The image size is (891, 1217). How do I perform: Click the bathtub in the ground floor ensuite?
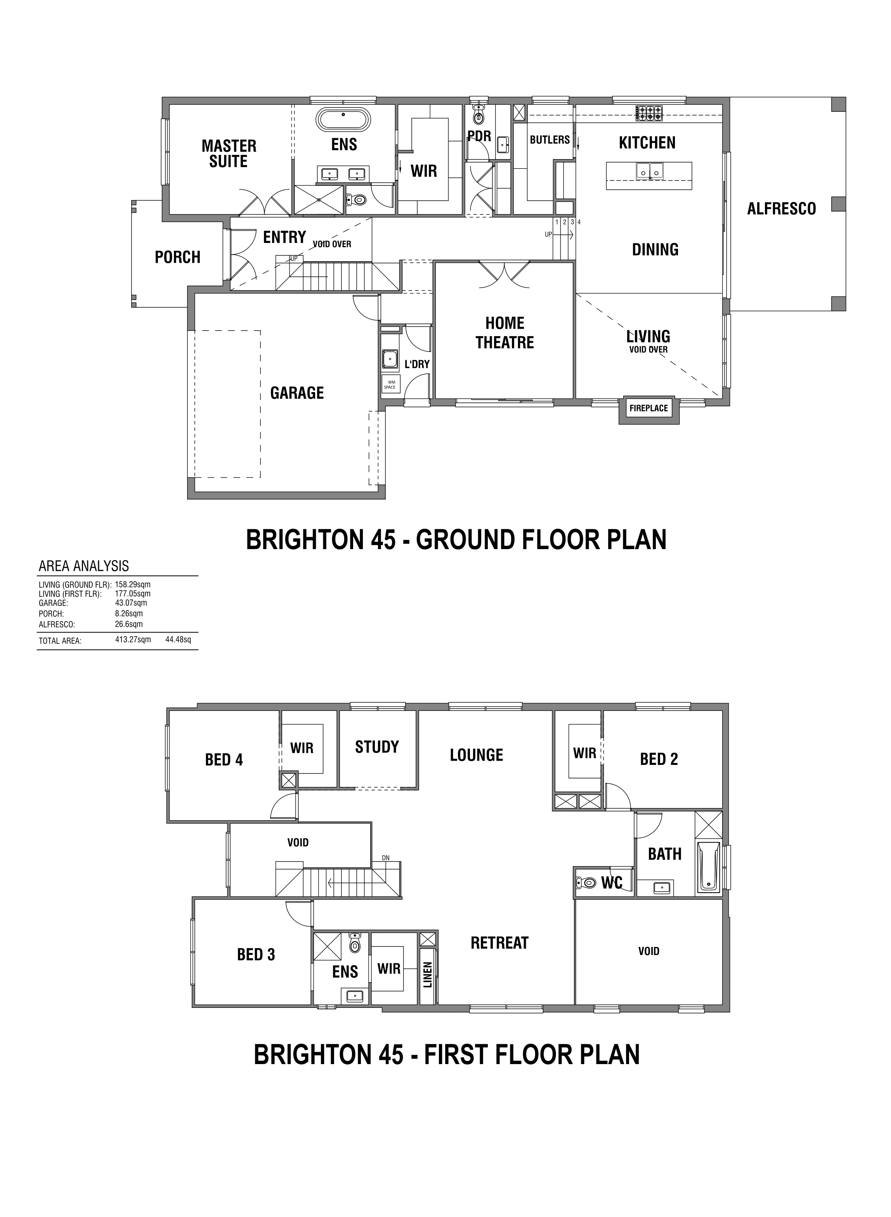pos(343,120)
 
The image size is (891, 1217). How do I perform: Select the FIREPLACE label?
pos(649,408)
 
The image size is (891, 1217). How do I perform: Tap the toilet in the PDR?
pos(478,113)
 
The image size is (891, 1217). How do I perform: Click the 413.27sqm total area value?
pos(133,640)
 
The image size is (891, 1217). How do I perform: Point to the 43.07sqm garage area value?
pos(131,603)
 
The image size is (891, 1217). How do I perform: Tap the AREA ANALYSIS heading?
pos(83,566)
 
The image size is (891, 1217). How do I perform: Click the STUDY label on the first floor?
pos(377,747)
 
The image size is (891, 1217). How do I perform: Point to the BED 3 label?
pos(256,954)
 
